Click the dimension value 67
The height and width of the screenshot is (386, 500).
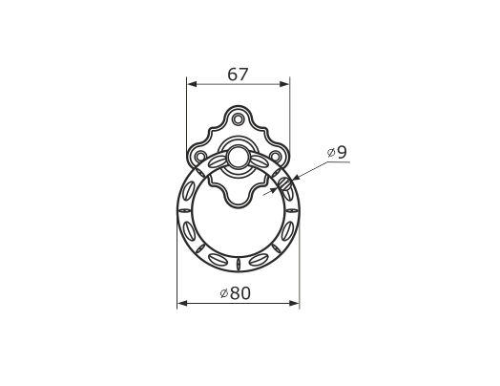238,75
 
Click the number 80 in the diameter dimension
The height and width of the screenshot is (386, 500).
240,293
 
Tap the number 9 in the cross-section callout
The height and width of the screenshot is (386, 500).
342,152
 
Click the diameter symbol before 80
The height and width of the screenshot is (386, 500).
224,293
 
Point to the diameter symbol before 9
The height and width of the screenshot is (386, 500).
331,153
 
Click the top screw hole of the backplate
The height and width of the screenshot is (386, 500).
237,119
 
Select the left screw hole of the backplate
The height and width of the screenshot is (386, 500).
200,157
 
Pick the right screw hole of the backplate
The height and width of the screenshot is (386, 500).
275,157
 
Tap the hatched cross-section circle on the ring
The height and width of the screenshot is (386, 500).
285,183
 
